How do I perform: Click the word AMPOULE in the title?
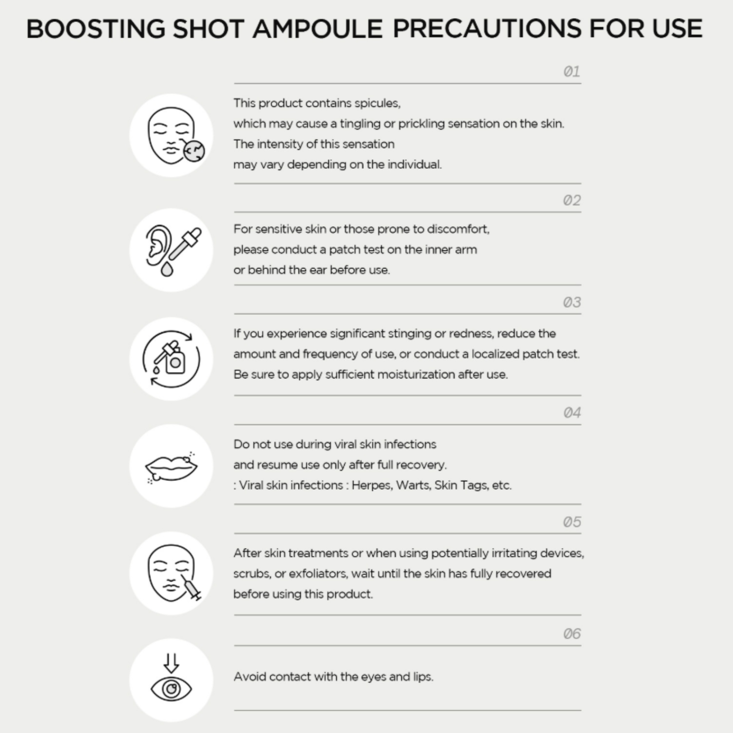tap(317, 29)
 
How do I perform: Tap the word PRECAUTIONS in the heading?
tap(486, 29)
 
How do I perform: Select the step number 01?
tap(571, 72)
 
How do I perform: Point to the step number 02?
tap(571, 200)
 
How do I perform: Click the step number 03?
tap(571, 302)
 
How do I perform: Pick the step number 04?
tap(571, 413)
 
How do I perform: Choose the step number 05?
tap(571, 522)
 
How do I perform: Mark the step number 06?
tap(571, 634)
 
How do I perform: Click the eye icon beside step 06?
tap(171, 689)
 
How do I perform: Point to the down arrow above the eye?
tap(171, 662)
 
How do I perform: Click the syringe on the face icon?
tap(191, 588)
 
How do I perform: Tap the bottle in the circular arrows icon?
tap(175, 362)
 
